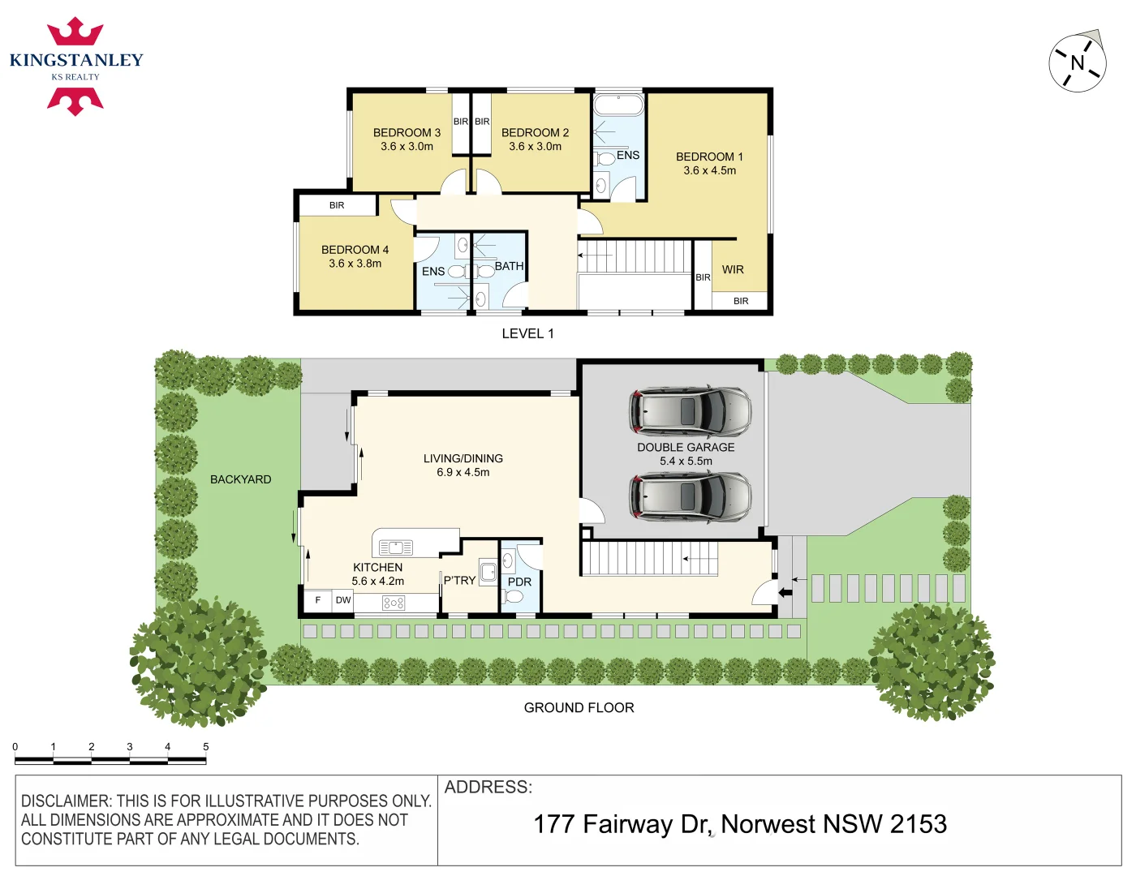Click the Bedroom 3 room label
click(x=407, y=132)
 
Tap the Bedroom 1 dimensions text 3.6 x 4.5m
click(x=709, y=170)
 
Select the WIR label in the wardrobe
click(x=733, y=269)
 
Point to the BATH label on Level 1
click(x=509, y=266)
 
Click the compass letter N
click(x=1078, y=62)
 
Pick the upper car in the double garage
click(x=691, y=410)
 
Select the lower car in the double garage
click(x=691, y=496)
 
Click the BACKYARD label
click(x=240, y=479)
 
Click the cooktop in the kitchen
click(x=394, y=603)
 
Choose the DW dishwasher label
click(x=343, y=600)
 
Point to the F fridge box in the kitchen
click(x=317, y=600)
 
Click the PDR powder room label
click(x=519, y=582)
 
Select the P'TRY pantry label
click(x=459, y=580)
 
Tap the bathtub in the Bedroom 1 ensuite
click(x=618, y=105)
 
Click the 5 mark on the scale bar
click(x=205, y=747)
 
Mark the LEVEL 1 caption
click(x=527, y=333)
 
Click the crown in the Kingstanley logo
click(x=75, y=32)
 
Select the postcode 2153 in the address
click(x=918, y=824)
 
